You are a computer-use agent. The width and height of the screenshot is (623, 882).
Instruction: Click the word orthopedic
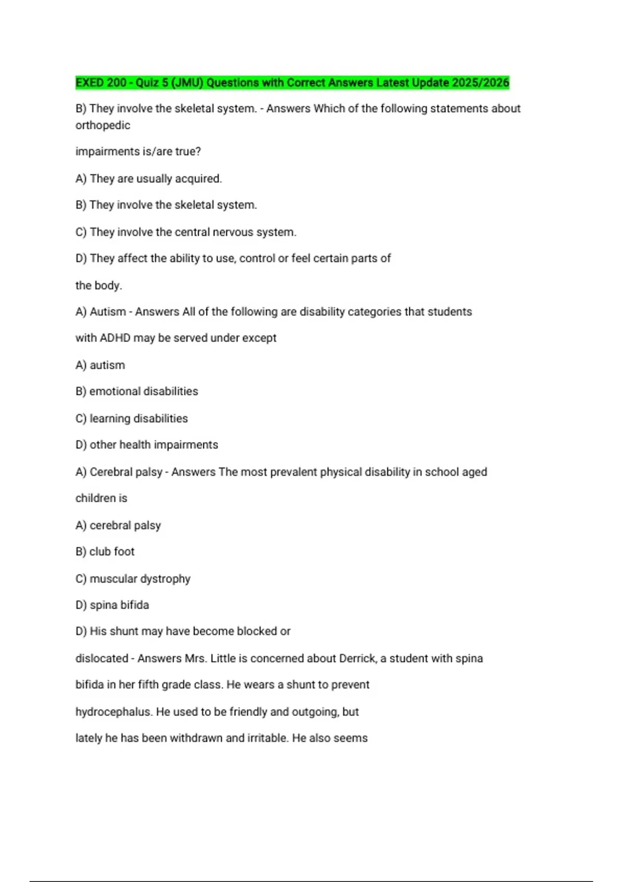(103, 126)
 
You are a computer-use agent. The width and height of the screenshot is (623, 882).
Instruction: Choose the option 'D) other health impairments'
(147, 445)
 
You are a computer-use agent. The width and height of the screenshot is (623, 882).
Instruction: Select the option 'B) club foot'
(105, 552)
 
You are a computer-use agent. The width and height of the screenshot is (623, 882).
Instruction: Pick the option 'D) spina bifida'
(112, 605)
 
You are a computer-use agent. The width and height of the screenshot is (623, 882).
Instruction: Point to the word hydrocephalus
(114, 712)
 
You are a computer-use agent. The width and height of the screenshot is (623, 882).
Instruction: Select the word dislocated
(101, 658)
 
